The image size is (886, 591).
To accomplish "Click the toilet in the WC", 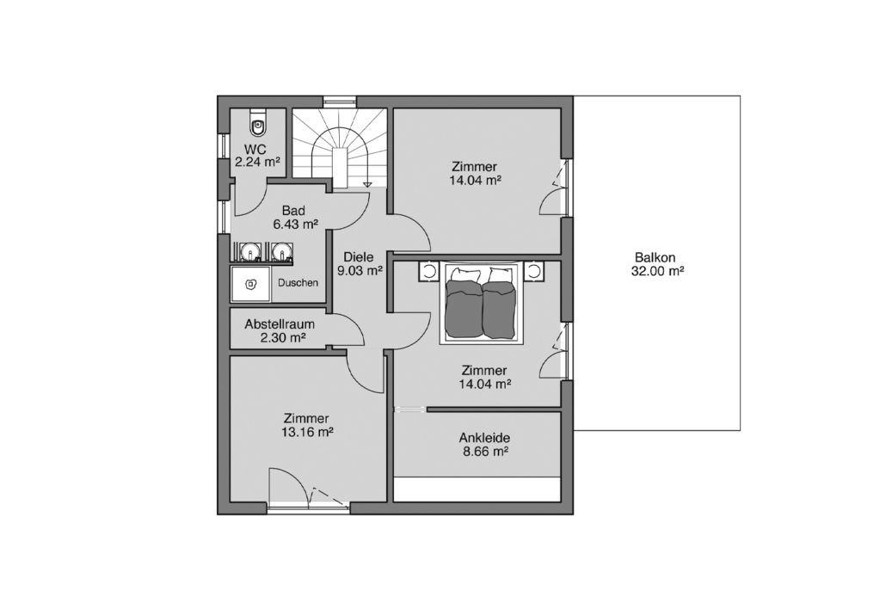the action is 258,126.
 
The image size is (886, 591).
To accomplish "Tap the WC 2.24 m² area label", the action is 257,156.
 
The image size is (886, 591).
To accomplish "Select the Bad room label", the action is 294,211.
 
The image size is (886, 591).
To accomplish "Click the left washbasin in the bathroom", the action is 249,251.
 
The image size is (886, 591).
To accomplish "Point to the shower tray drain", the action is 251,285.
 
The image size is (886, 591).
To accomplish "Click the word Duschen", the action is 298,282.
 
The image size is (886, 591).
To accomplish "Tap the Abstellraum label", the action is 280,325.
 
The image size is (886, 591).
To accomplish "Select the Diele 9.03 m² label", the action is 360,264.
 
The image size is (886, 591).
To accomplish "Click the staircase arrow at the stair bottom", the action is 367,183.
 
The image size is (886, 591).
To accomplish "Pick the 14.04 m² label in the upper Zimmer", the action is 475,181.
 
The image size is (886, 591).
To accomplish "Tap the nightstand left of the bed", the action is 428,271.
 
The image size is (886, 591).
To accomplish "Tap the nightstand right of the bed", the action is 533,271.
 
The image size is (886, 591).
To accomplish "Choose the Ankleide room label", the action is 484,438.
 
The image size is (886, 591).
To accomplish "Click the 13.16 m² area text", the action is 307,432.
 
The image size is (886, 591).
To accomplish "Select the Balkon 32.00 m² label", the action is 657,264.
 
